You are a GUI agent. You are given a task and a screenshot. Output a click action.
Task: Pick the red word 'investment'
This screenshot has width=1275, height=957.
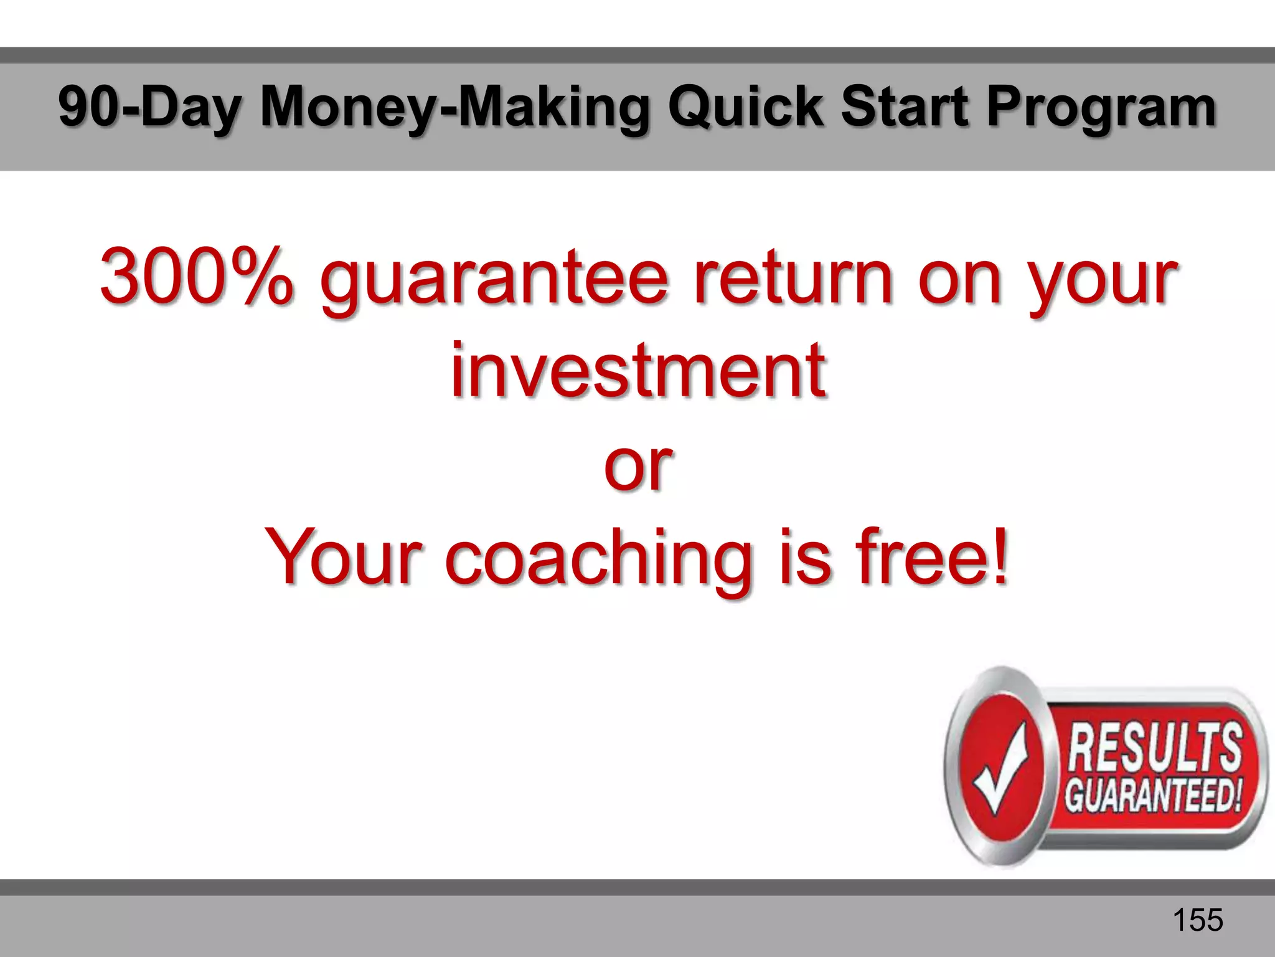tap(637, 370)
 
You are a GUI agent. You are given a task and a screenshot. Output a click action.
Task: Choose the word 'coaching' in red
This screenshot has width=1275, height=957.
tap(598, 558)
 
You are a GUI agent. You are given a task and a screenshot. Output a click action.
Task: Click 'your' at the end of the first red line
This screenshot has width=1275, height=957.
tap(1102, 280)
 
